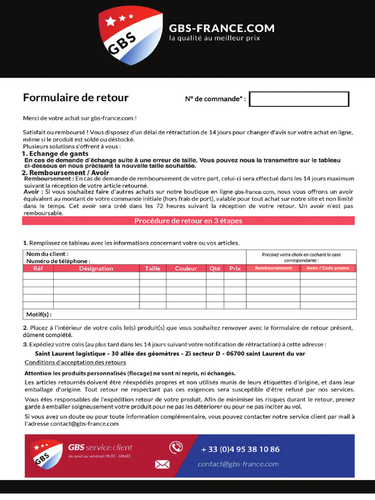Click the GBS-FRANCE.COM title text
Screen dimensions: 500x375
[221, 28]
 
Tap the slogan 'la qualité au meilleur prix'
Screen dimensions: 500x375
[214, 38]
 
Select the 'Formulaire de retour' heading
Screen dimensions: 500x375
[76, 98]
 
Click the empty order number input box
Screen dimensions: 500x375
[299, 99]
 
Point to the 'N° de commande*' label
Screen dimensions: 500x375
[215, 99]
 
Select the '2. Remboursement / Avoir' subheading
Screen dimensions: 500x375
[65, 173]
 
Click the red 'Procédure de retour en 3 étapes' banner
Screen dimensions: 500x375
[188, 221]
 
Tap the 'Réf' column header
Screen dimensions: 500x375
[38, 269]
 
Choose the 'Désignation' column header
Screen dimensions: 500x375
[96, 269]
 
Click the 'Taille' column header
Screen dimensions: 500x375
[152, 269]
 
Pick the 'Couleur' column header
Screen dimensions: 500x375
[186, 269]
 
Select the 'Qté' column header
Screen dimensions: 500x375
[215, 269]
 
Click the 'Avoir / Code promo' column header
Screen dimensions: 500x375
[328, 268]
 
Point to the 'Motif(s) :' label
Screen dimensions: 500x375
[39, 314]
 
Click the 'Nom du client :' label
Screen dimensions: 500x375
[47, 254]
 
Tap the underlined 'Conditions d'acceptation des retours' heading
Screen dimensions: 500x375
[75, 362]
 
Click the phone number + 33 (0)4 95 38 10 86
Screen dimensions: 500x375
[240, 449]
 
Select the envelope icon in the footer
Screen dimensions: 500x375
[162, 464]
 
